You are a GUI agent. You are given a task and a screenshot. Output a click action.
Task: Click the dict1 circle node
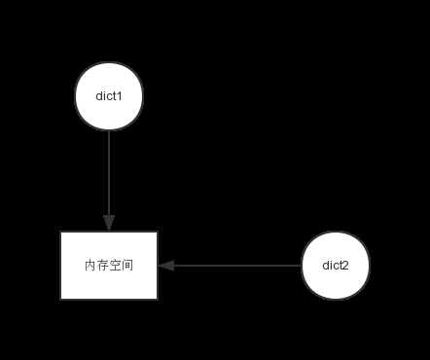point(109,96)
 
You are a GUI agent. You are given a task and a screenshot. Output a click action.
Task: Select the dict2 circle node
point(336,265)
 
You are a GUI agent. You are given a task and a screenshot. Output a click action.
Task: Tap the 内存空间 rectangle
point(109,265)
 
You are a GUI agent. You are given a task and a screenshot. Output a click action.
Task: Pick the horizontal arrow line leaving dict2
point(233,265)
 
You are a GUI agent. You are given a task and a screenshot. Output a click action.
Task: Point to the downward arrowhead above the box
point(109,223)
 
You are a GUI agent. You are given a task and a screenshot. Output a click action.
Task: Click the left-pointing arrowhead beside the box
point(165,265)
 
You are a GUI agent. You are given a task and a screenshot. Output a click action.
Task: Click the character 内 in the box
point(90,266)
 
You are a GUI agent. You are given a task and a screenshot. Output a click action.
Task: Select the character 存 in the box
point(102,266)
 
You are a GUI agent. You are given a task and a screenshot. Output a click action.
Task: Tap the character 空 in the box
point(115,266)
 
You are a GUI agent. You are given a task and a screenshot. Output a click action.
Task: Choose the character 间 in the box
point(127,266)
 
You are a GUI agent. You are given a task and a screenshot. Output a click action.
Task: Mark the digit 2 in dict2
point(346,265)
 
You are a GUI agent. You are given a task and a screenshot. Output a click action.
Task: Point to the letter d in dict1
point(99,96)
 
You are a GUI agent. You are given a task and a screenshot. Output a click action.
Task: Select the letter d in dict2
point(326,265)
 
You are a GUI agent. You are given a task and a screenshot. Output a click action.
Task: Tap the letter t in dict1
point(115,96)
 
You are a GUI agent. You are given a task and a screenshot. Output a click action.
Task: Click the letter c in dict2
point(336,265)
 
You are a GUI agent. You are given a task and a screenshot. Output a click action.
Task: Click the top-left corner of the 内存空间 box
point(61,233)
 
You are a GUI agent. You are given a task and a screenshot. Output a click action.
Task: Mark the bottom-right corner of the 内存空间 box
point(157,298)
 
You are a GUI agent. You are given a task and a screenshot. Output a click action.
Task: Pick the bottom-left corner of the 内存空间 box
point(61,298)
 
